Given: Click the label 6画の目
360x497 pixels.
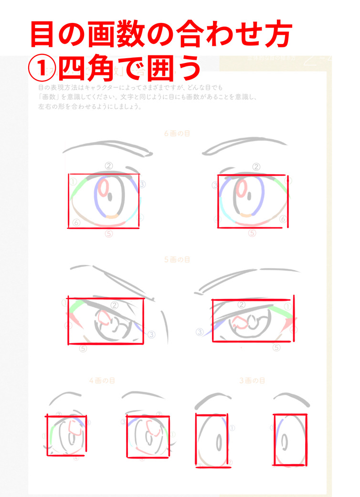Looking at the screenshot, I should pyautogui.click(x=177, y=134).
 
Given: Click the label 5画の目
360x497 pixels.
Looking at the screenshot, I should pyautogui.click(x=177, y=260).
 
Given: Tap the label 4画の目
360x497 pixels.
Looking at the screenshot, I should pyautogui.click(x=102, y=381).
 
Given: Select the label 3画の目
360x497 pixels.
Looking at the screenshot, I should pyautogui.click(x=252, y=381).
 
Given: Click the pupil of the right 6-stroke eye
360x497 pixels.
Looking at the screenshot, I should pyautogui.click(x=251, y=196).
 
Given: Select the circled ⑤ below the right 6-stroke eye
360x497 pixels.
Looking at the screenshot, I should pyautogui.click(x=252, y=233).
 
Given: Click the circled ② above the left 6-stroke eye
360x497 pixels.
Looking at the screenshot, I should pyautogui.click(x=109, y=166).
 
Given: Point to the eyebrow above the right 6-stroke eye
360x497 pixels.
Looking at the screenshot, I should pyautogui.click(x=244, y=146).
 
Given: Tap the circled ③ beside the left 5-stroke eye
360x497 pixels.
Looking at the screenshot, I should pyautogui.click(x=151, y=334).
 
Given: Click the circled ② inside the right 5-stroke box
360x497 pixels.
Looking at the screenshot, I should pyautogui.click(x=241, y=305).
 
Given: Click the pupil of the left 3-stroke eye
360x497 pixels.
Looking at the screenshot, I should pyautogui.click(x=218, y=441).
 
